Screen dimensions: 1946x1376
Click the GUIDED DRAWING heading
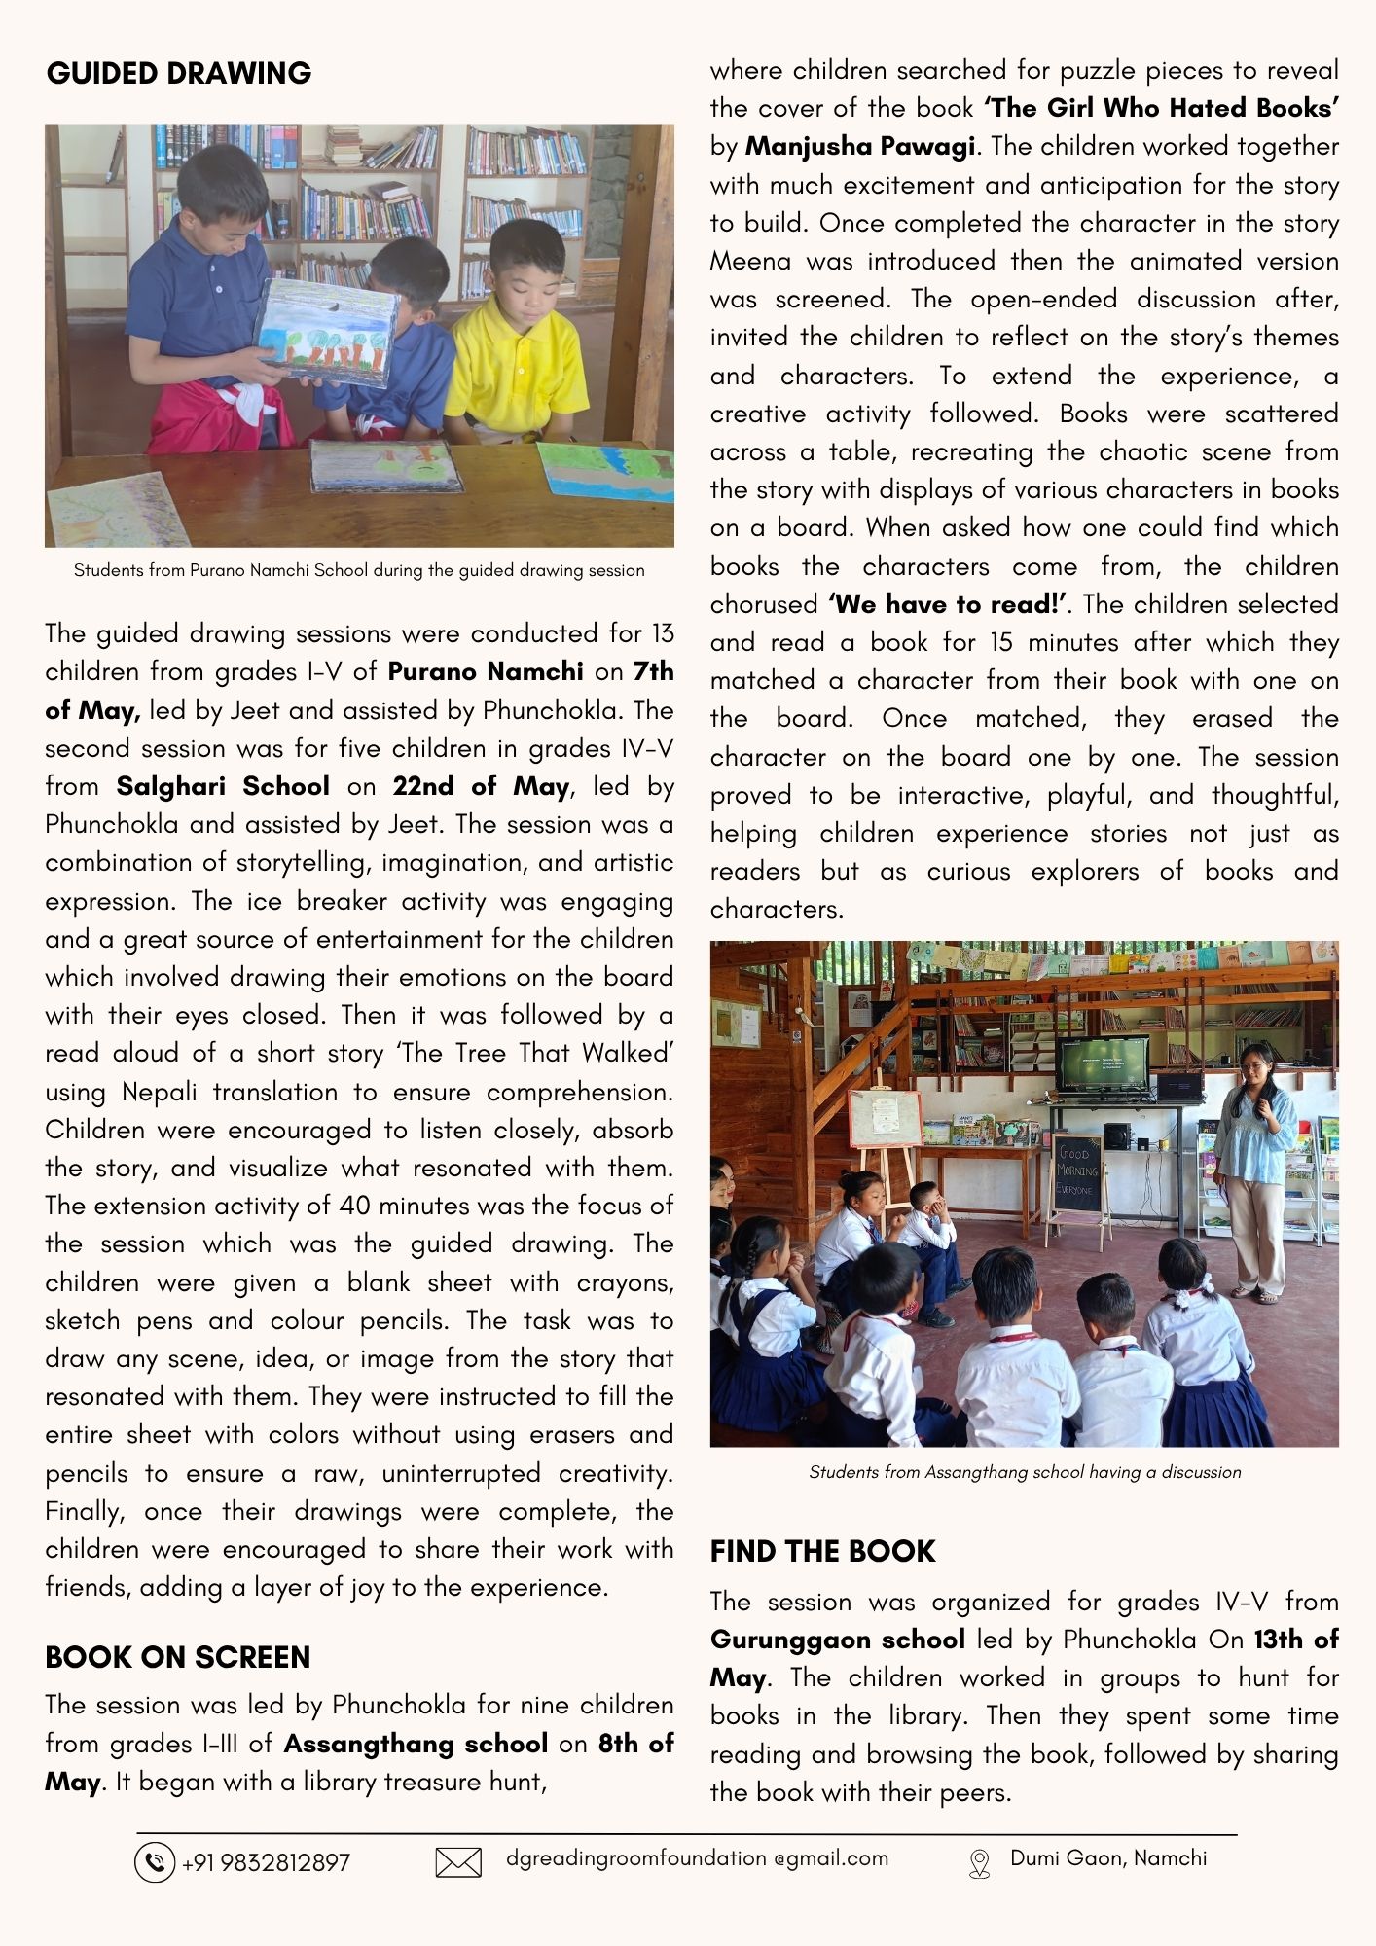[179, 73]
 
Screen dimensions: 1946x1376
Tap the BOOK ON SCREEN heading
[177, 1657]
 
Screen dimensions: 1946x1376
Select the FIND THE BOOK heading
[822, 1551]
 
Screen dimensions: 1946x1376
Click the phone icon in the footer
[154, 1862]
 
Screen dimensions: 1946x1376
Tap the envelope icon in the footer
[458, 1862]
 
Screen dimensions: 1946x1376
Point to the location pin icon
[979, 1863]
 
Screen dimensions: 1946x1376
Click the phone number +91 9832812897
[266, 1863]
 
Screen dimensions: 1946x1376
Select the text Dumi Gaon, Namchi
[1108, 1858]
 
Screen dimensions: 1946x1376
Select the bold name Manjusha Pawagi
[859, 147]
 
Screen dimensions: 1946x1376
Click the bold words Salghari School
[223, 786]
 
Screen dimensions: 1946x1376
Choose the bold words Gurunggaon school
[838, 1640]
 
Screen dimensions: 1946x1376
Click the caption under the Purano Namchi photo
[359, 570]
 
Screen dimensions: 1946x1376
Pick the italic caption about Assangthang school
[1025, 1472]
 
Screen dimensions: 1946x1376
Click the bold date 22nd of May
[481, 786]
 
